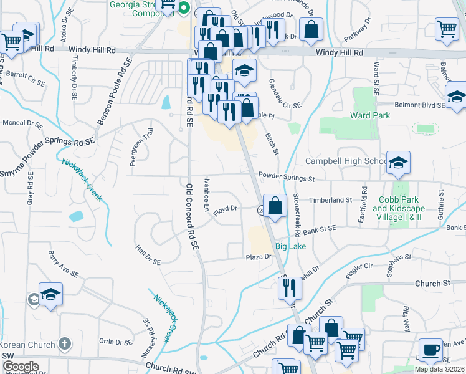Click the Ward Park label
370,115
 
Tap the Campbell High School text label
346,161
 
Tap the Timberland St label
332,201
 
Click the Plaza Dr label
259,257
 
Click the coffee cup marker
430,350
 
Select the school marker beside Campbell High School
398,163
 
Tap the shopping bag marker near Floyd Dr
275,204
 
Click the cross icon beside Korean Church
64,343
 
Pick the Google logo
21,366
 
